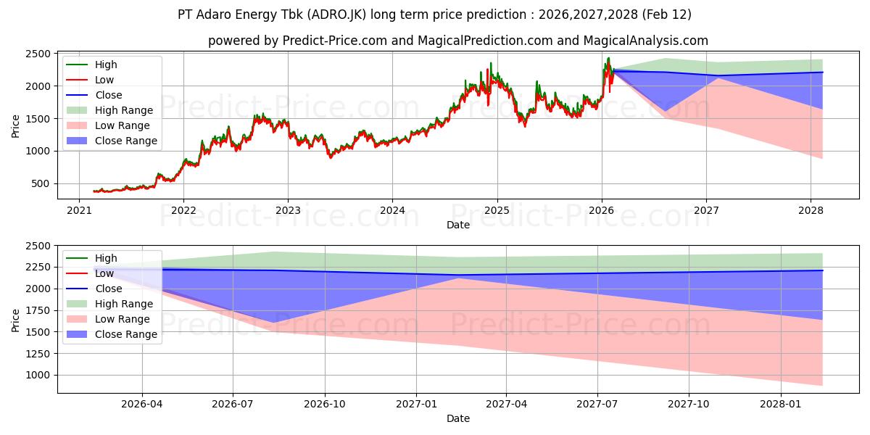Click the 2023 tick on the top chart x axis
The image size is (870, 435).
coord(288,210)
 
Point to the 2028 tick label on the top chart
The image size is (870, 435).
coord(811,210)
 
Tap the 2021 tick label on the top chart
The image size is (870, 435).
coord(79,210)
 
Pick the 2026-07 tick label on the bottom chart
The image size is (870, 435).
coord(233,404)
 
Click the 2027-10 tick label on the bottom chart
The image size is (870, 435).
coord(689,404)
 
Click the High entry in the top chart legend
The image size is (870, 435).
coord(106,65)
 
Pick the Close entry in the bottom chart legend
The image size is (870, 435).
coord(109,289)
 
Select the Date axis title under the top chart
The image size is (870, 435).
coord(457,225)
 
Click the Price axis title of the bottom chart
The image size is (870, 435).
coord(16,319)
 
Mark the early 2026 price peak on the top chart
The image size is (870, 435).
coord(608,58)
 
